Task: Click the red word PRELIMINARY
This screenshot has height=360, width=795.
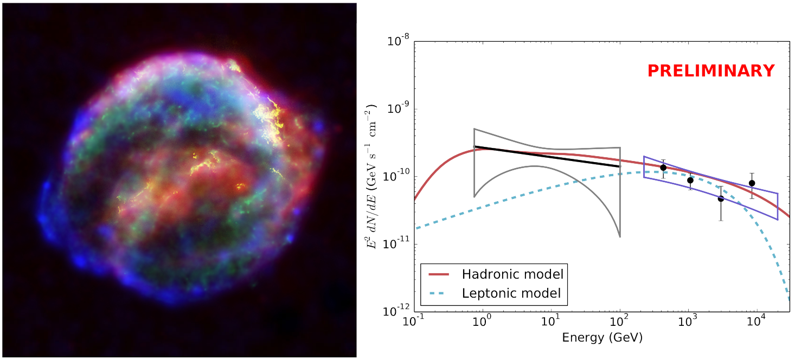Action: click(711, 71)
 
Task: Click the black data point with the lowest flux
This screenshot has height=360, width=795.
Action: click(721, 198)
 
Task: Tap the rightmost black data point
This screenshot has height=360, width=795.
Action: click(752, 183)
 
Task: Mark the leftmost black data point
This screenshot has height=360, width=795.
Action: click(663, 168)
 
